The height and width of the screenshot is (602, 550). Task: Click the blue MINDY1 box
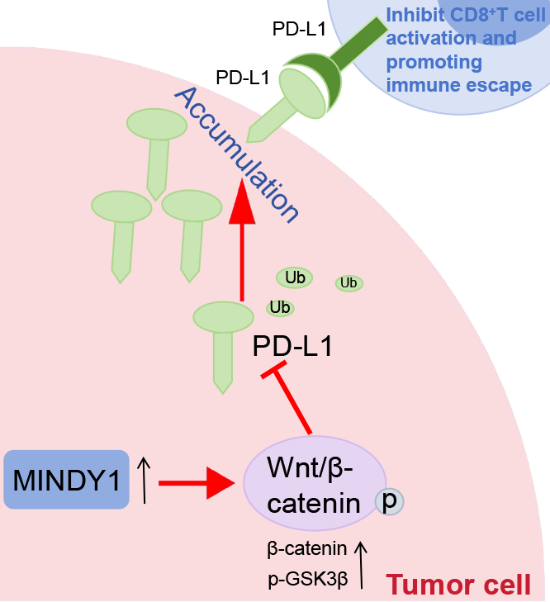pyautogui.click(x=66, y=479)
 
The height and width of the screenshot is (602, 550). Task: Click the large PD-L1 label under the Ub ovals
pyautogui.click(x=292, y=345)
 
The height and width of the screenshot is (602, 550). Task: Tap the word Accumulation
pyautogui.click(x=235, y=154)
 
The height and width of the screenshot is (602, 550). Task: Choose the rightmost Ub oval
pyautogui.click(x=348, y=283)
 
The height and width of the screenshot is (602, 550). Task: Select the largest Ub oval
pyautogui.click(x=295, y=277)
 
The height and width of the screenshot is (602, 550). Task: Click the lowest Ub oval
pyautogui.click(x=280, y=307)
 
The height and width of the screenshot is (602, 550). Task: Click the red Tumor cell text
pyautogui.click(x=459, y=584)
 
